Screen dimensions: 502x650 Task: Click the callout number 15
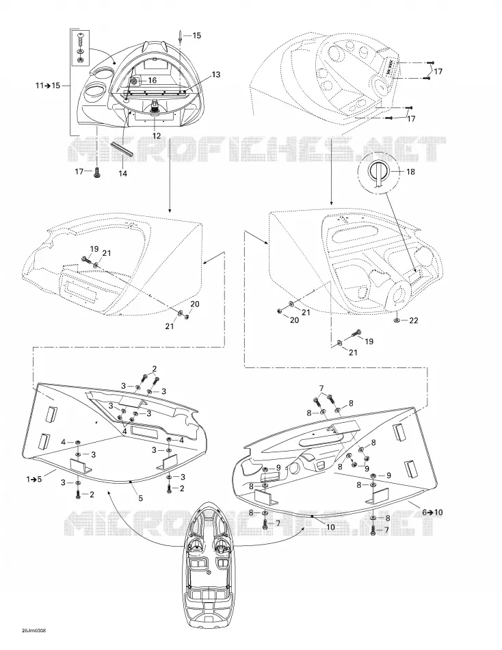197,36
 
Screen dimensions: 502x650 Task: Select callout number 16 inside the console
152,80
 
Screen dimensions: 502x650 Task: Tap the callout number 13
216,75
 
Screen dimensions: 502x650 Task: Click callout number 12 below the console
157,135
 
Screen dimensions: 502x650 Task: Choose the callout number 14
122,174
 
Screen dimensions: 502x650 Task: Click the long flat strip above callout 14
122,149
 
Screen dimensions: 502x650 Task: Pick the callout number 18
410,172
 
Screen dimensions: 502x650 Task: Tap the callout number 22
413,320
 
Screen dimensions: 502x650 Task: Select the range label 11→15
48,86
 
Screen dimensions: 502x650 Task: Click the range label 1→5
34,479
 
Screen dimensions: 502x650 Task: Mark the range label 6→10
432,512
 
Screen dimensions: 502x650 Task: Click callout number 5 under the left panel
140,498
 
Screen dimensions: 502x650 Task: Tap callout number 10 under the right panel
330,528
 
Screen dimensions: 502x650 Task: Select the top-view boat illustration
209,572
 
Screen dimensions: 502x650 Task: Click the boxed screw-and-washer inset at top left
80,49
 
